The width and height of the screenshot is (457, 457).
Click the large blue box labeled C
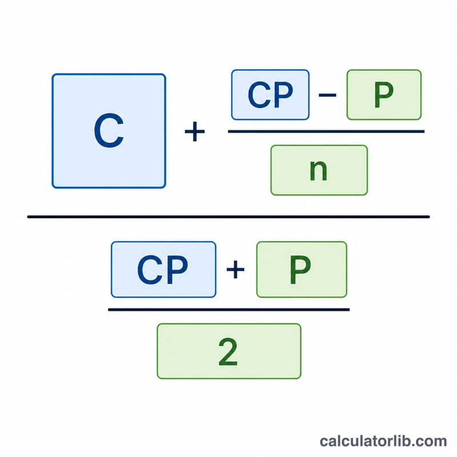click(x=109, y=131)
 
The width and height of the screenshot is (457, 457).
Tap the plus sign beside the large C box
click(x=195, y=131)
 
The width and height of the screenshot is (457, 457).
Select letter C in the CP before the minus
click(x=259, y=95)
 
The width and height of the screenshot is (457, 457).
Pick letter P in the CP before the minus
click(x=282, y=95)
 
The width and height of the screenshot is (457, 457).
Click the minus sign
click(x=327, y=95)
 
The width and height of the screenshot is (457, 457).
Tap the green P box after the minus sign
click(x=384, y=95)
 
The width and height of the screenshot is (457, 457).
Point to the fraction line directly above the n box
click(x=326, y=131)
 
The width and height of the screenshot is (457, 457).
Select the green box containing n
click(x=319, y=170)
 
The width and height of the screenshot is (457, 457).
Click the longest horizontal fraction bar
click(x=228, y=217)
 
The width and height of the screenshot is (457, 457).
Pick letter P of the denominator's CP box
click(x=177, y=270)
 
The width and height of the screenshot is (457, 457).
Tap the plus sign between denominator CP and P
click(x=235, y=270)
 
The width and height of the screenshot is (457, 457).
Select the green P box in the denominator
click(x=302, y=270)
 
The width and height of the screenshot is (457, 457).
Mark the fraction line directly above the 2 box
click(x=229, y=310)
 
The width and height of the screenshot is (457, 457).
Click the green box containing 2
click(x=229, y=351)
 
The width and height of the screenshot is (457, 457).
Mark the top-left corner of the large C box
click(x=53, y=74)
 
